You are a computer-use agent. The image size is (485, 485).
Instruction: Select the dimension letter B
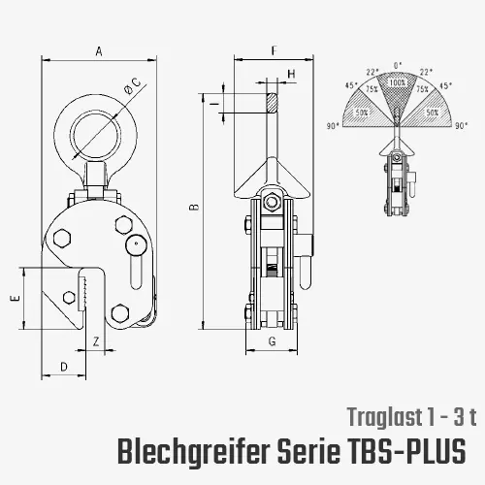193,207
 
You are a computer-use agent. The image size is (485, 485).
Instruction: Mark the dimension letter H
291,74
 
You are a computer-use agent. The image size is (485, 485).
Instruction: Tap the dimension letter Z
97,341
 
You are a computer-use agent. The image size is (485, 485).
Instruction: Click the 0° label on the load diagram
398,66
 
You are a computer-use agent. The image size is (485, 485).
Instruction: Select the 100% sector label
398,84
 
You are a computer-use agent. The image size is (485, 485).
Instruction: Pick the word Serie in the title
308,452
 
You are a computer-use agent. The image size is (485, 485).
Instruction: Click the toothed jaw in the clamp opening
88,290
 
